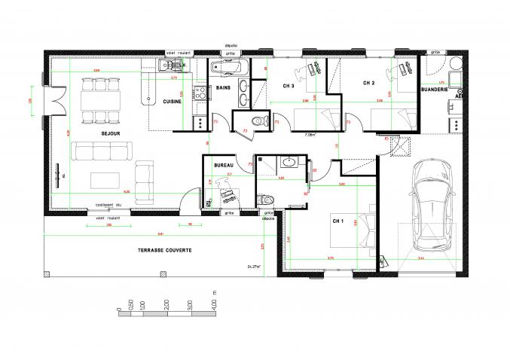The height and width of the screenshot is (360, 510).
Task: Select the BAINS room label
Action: click(222, 87)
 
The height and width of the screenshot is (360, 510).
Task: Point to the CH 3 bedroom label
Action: click(288, 86)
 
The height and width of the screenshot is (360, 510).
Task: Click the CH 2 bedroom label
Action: click(368, 83)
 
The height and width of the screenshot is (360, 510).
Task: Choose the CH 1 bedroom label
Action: click(338, 221)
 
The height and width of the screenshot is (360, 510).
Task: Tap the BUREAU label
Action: click(222, 165)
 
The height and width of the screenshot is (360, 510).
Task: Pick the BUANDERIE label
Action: click(435, 89)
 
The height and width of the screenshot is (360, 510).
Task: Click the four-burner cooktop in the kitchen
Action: click(200, 93)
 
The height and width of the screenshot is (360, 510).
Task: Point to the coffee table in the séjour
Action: click(103, 180)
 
